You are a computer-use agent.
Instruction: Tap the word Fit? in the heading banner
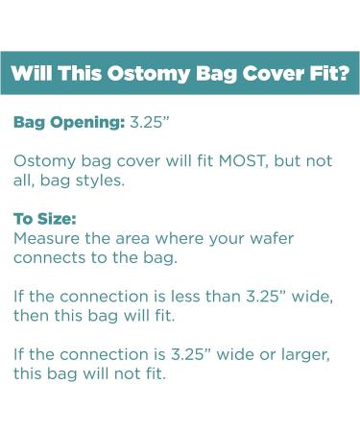pyautogui.click(x=326, y=73)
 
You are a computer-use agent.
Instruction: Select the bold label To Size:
pyautogui.click(x=44, y=218)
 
